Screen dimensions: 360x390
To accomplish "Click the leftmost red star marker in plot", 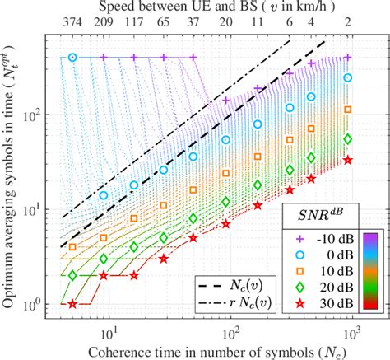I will pos(72,304).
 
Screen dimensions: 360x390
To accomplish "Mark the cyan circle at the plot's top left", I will pos(72,57).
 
